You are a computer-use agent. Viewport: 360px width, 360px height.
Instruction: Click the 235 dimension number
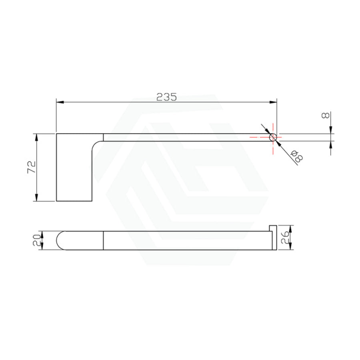click(167, 97)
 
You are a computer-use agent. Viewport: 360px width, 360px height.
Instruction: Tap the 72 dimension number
click(32, 167)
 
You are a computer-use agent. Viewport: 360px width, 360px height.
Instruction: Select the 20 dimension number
click(37, 240)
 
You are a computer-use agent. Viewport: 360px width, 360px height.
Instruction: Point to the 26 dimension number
click(284, 237)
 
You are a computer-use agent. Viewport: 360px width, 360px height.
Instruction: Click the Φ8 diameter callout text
click(297, 157)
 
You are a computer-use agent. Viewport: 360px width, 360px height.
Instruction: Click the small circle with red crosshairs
click(273, 137)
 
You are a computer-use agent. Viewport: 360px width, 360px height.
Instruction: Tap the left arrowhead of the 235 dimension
click(60, 102)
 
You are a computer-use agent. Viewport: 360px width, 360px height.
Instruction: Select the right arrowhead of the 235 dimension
click(273, 102)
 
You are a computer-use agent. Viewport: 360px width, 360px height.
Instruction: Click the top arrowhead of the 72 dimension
click(36, 137)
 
